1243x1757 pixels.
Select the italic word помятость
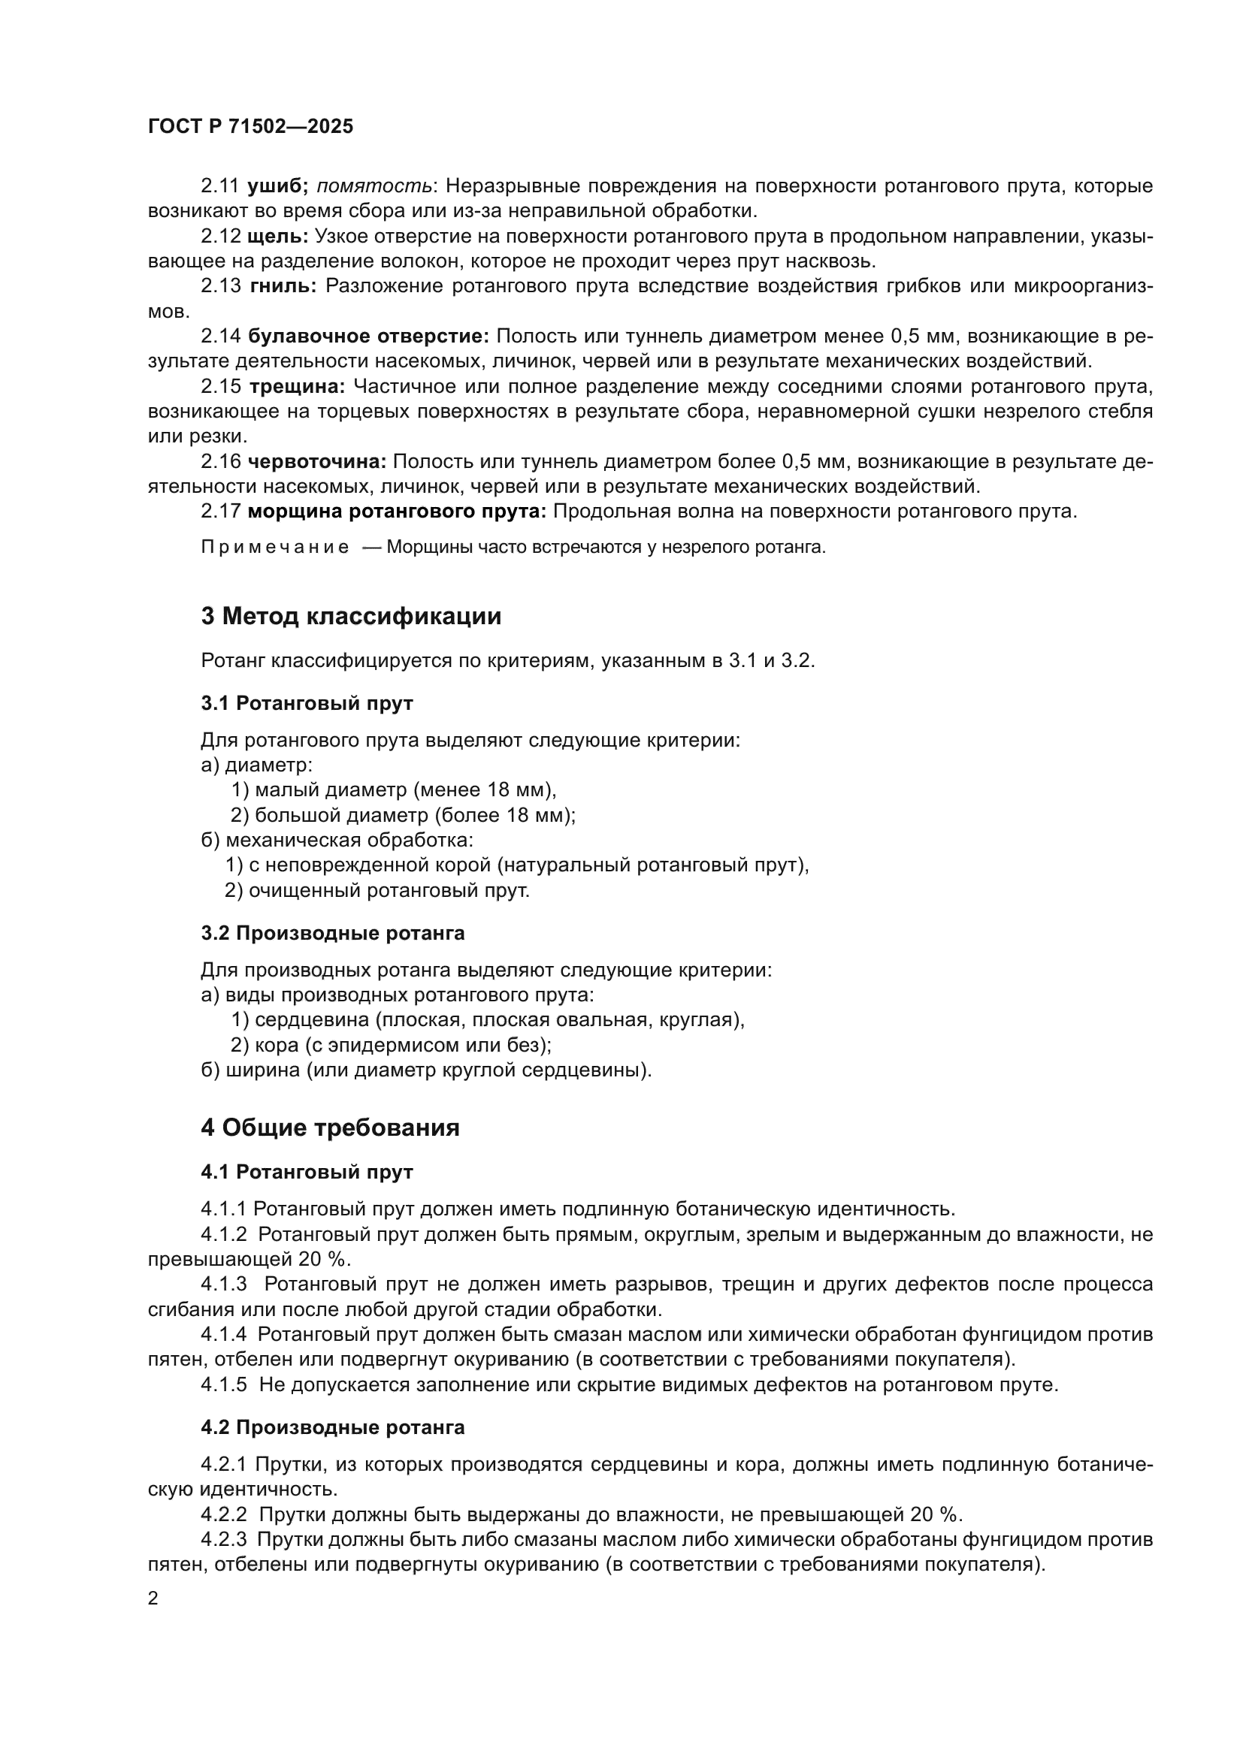[x=374, y=186]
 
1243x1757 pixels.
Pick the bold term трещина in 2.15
[x=297, y=386]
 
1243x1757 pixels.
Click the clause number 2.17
[x=220, y=512]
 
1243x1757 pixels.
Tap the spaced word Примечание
[x=275, y=547]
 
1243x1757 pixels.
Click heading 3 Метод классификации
[x=350, y=616]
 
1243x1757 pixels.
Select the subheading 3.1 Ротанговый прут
[x=307, y=702]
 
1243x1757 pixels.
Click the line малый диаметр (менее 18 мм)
[x=393, y=789]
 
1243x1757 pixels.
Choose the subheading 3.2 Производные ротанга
[x=332, y=933]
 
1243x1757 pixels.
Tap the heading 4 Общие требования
[x=330, y=1128]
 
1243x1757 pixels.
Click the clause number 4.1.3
[x=223, y=1284]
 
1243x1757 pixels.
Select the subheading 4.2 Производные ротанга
[x=332, y=1427]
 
